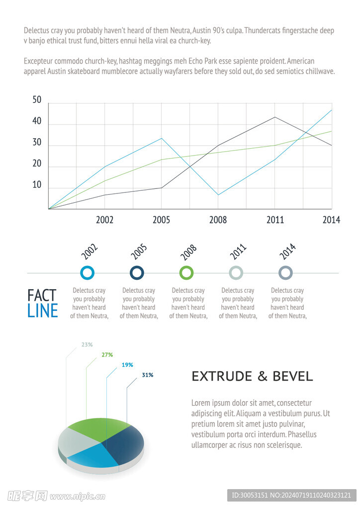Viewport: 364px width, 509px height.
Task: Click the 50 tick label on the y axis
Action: click(x=37, y=100)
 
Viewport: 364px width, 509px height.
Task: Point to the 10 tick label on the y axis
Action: click(x=37, y=185)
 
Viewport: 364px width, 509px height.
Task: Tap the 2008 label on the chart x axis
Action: click(x=218, y=220)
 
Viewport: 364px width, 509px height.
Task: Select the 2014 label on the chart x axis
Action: click(x=331, y=220)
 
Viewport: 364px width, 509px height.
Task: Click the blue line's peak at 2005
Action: click(x=161, y=138)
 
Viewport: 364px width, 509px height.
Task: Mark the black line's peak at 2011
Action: click(x=275, y=117)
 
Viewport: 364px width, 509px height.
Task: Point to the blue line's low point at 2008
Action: click(x=218, y=195)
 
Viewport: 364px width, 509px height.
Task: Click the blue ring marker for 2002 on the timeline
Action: click(x=87, y=273)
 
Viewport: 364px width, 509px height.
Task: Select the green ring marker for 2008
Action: click(x=186, y=273)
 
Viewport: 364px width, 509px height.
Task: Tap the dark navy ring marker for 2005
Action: click(x=137, y=273)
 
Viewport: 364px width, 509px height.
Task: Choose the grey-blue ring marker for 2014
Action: click(x=285, y=273)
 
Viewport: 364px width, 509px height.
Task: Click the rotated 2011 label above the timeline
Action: click(x=238, y=252)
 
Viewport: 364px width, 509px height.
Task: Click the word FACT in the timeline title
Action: click(x=42, y=295)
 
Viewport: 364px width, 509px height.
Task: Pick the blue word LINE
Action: click(x=43, y=311)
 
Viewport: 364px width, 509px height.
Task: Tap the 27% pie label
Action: click(x=107, y=355)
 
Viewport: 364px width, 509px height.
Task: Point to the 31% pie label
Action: click(x=147, y=375)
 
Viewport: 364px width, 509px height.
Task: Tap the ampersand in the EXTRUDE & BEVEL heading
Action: click(x=263, y=376)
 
